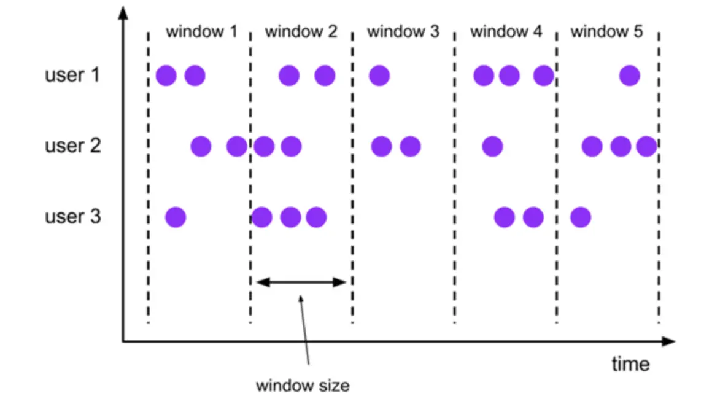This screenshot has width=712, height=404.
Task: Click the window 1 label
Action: click(x=201, y=31)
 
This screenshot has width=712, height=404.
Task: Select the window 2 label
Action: click(x=301, y=31)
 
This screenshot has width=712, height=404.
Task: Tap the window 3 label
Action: click(x=403, y=31)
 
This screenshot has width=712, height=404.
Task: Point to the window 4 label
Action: click(x=506, y=31)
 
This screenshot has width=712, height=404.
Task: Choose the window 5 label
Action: click(x=606, y=31)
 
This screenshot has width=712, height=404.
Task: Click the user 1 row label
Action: click(x=72, y=76)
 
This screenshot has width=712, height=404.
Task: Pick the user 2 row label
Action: click(x=72, y=146)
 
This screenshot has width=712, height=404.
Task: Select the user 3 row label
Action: click(x=72, y=217)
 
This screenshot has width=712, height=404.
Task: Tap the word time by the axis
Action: click(x=630, y=364)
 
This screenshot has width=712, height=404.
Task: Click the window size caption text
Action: click(x=303, y=386)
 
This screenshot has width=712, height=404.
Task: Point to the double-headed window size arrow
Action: click(x=301, y=282)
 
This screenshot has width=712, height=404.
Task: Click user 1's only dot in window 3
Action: click(x=379, y=76)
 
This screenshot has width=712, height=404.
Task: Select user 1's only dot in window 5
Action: click(x=630, y=76)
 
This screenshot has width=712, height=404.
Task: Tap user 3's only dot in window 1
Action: click(x=176, y=217)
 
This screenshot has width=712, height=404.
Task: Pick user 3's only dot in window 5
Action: click(x=581, y=217)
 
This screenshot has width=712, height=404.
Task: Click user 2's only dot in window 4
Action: click(x=492, y=147)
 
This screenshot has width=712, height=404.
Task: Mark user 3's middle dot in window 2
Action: click(x=290, y=217)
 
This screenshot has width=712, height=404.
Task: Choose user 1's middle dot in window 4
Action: click(x=509, y=76)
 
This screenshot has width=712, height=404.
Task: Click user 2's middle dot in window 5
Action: click(x=621, y=147)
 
